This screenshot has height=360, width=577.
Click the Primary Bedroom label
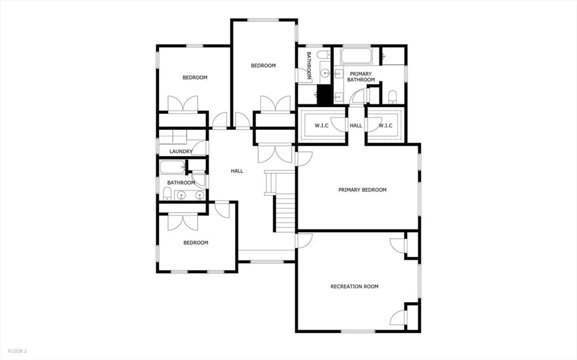click(x=362, y=190)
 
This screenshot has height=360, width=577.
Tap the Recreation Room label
click(x=354, y=286)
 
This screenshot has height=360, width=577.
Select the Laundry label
click(x=181, y=151)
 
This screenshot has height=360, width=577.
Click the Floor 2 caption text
click(x=17, y=351)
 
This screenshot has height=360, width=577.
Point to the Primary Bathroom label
click(x=361, y=77)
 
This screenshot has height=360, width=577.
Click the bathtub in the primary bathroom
click(x=356, y=56)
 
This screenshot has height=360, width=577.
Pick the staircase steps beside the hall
click(x=285, y=213)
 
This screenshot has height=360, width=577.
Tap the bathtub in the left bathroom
click(x=172, y=167)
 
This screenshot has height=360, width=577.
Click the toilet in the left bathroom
click(x=167, y=194)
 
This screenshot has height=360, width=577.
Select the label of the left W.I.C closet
click(x=321, y=125)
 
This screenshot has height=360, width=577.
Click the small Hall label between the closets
click(x=356, y=125)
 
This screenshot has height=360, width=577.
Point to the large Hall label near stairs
click(x=237, y=171)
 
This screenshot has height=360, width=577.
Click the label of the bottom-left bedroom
click(x=196, y=243)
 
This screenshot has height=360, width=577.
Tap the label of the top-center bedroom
click(x=263, y=66)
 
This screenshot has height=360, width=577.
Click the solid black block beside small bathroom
click(x=325, y=94)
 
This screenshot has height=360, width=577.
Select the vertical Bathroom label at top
click(x=309, y=66)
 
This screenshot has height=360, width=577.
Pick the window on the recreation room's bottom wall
click(x=358, y=331)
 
